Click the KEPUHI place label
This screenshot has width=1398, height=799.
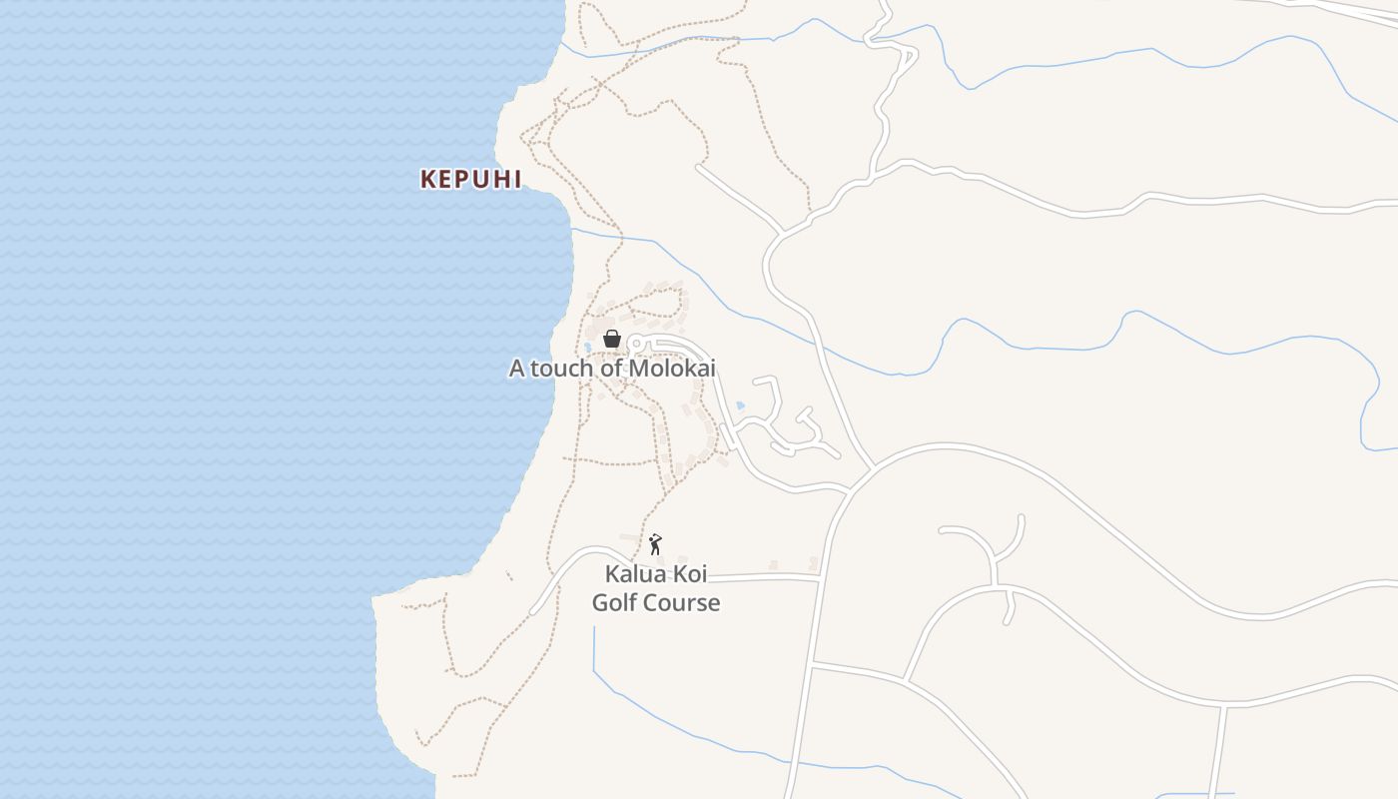[471, 180]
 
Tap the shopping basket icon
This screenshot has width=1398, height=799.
[612, 340]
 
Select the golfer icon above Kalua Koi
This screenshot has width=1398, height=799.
[655, 544]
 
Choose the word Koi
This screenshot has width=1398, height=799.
[689, 574]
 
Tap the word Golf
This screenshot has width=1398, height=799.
[613, 603]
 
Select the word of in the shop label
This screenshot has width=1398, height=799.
[610, 369]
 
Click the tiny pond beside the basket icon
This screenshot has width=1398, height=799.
[587, 348]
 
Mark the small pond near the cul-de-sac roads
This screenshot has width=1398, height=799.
[740, 405]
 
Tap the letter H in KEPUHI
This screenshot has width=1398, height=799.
[499, 180]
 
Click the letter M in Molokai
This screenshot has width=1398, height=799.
[642, 369]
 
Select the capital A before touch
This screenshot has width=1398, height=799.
[516, 369]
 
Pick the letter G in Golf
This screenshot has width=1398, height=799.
[600, 603]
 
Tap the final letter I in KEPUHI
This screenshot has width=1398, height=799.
[517, 180]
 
